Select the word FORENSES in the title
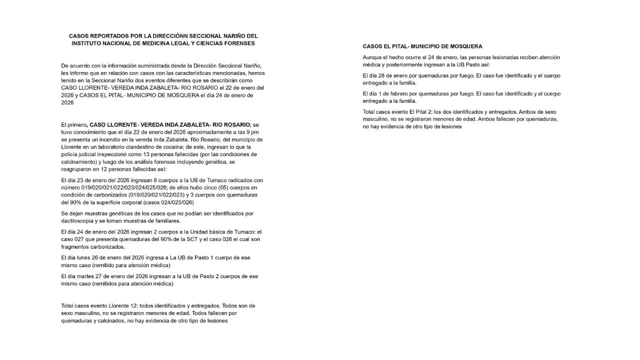click(238, 43)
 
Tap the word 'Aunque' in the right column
click(373, 57)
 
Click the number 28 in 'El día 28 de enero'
click(383, 75)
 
